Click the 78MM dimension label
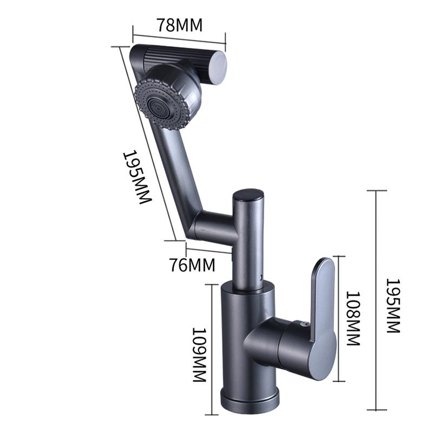coord(180,25)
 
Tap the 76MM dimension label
coord(192,265)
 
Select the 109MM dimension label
coord(200,355)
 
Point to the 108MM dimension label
coord(353,318)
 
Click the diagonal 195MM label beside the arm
coord(137,177)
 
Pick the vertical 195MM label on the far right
coord(393,306)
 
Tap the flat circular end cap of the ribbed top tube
coord(218,68)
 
